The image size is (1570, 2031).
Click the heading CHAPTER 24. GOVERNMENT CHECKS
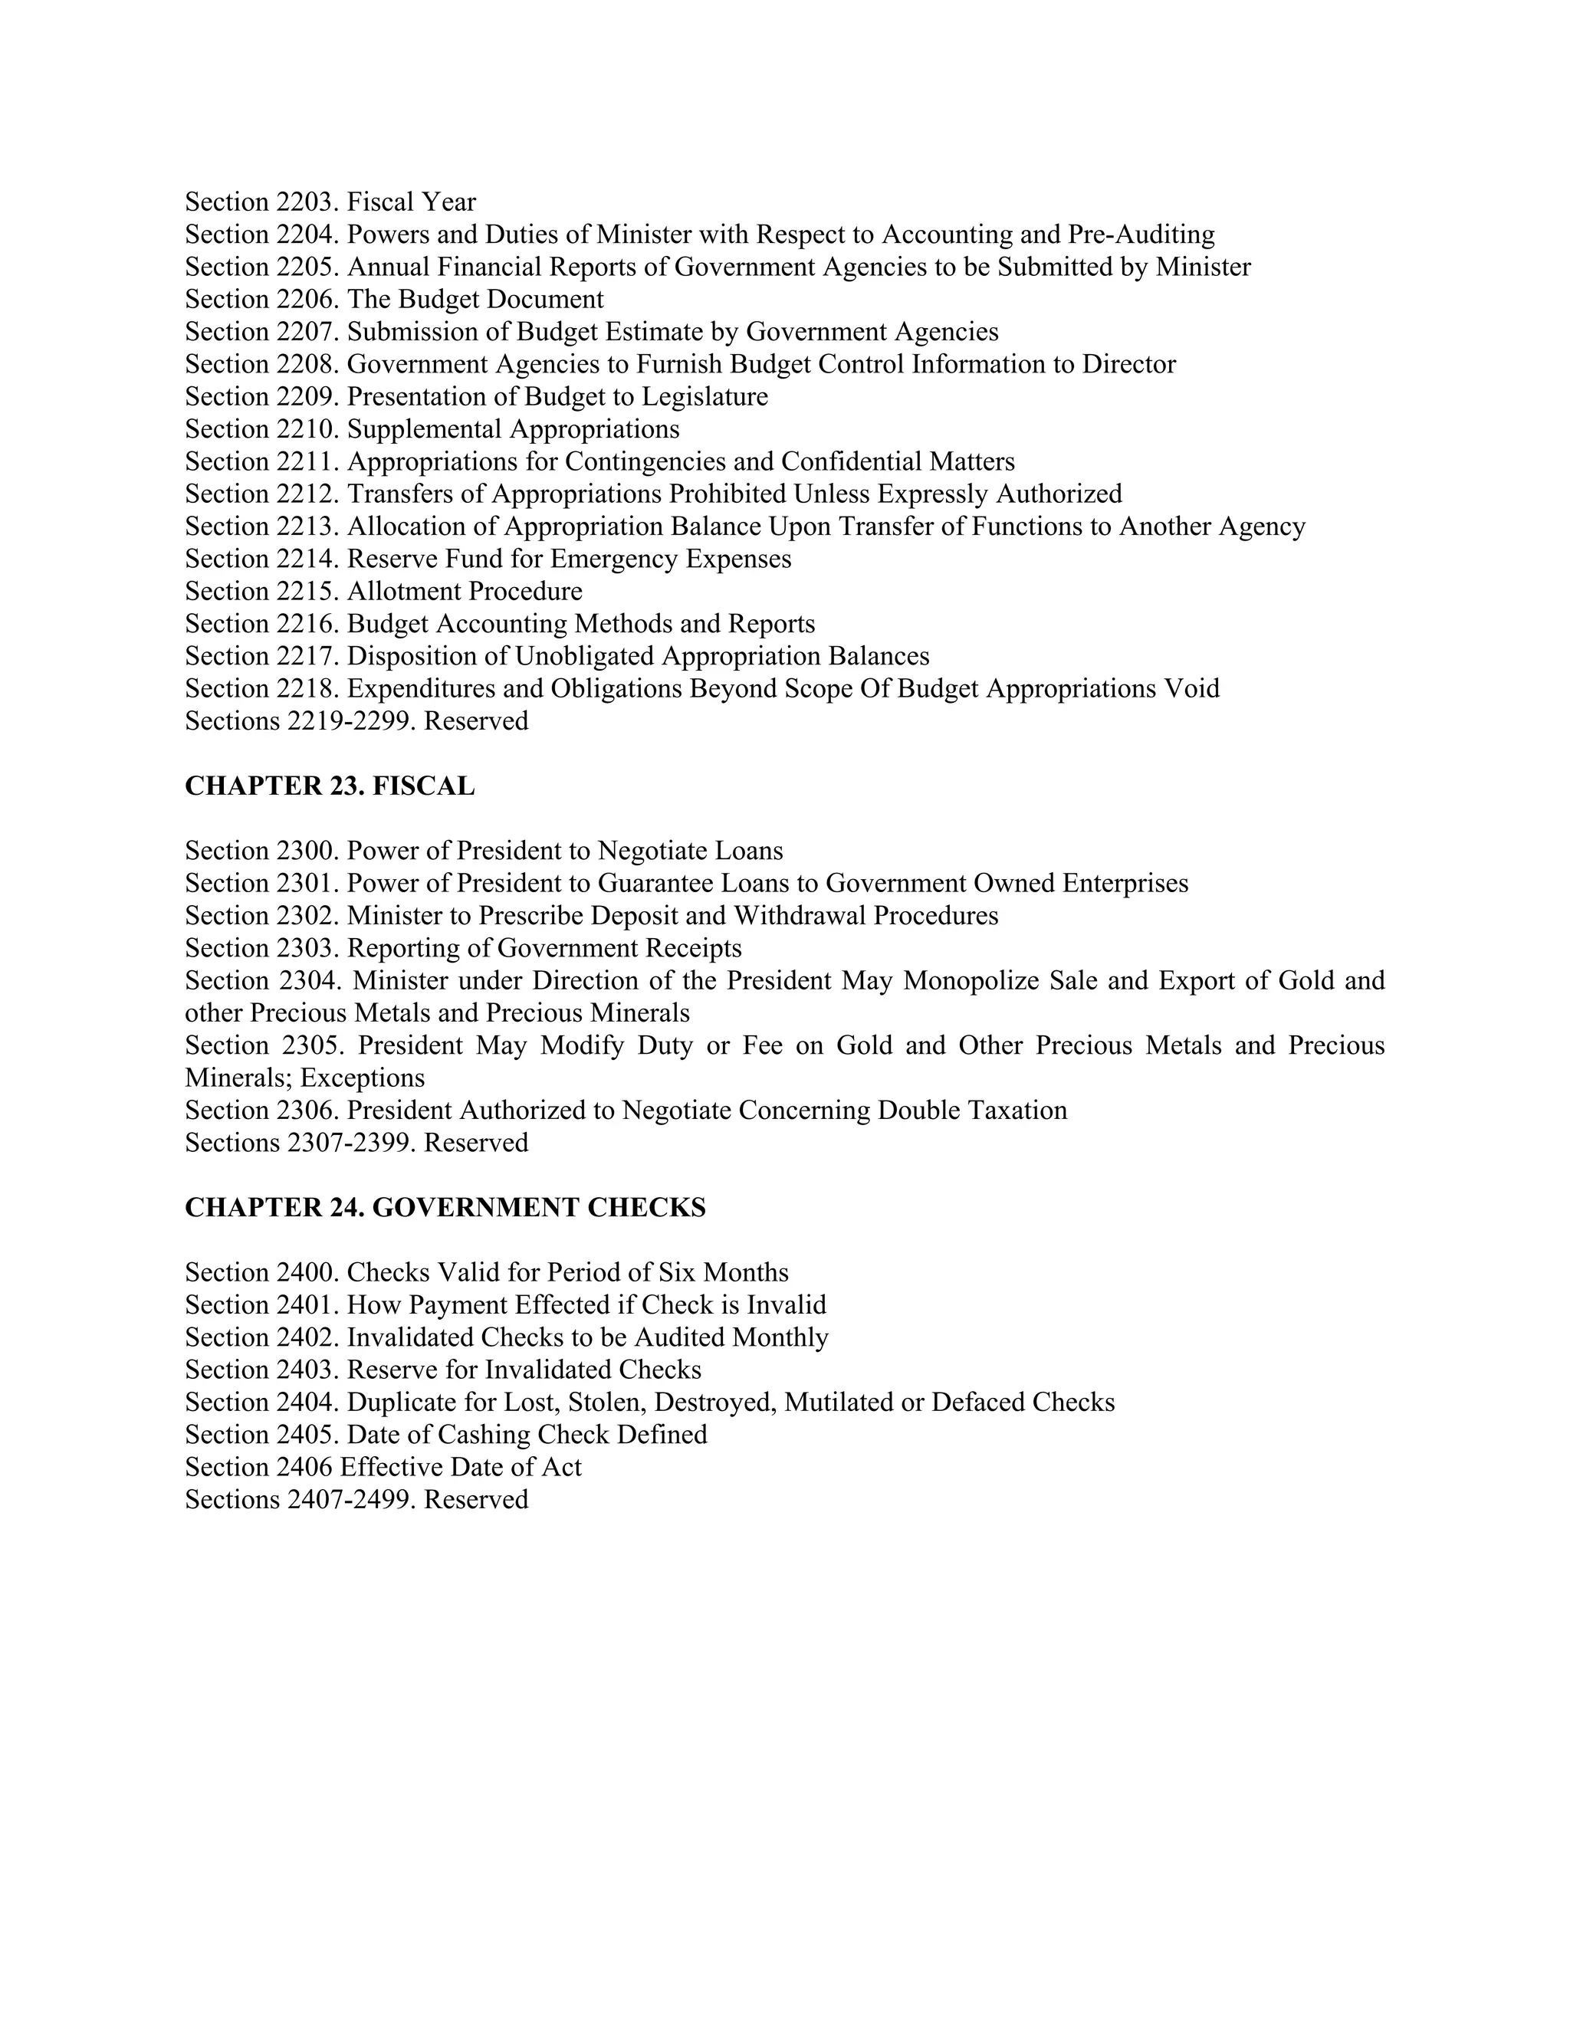pos(445,1207)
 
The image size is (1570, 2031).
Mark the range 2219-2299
pos(350,722)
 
